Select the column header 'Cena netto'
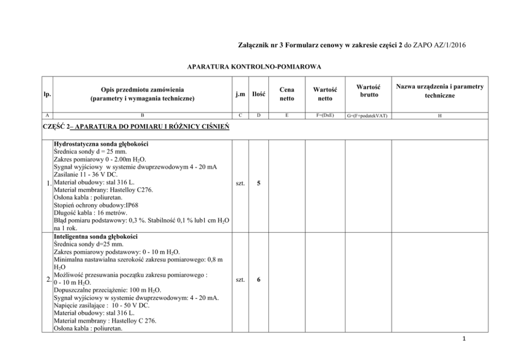coord(287,94)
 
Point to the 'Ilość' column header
coord(258,94)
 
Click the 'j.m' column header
coord(239,94)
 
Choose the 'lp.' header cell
coord(47,94)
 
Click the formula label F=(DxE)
coord(325,116)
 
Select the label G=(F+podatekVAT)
coord(368,116)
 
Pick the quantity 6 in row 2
coord(259,280)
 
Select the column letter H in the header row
coord(439,116)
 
